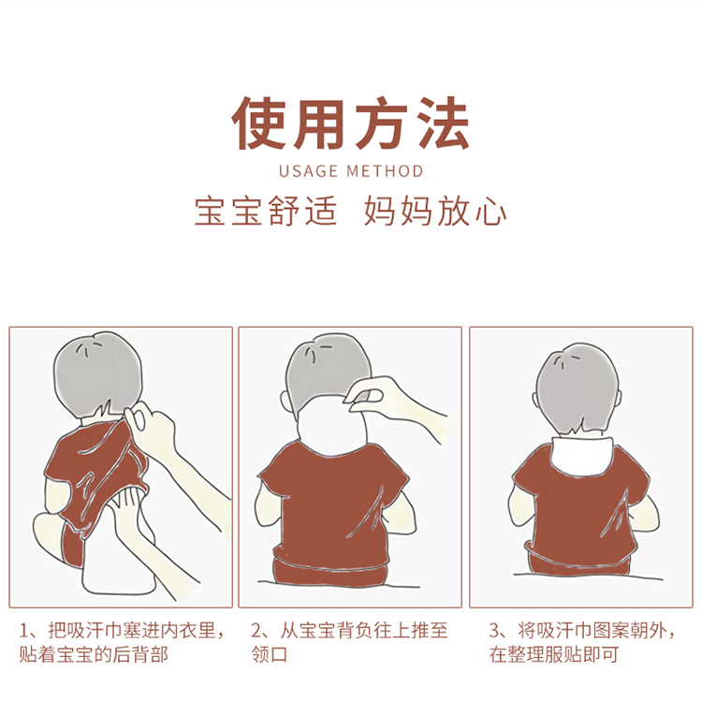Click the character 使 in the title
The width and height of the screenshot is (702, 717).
[260, 123]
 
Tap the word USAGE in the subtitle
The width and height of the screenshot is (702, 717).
[308, 171]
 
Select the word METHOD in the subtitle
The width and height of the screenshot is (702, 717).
[385, 171]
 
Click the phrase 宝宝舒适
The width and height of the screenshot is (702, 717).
[266, 212]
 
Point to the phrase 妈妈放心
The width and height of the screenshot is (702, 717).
[435, 212]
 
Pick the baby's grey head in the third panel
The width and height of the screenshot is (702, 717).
[578, 388]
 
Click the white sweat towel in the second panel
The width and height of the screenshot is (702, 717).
[331, 428]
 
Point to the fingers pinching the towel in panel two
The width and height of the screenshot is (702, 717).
[366, 396]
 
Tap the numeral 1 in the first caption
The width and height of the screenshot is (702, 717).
[24, 632]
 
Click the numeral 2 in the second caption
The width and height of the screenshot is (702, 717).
[257, 632]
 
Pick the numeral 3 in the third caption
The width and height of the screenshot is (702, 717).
[494, 632]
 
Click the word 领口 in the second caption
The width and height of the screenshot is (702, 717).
[270, 654]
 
